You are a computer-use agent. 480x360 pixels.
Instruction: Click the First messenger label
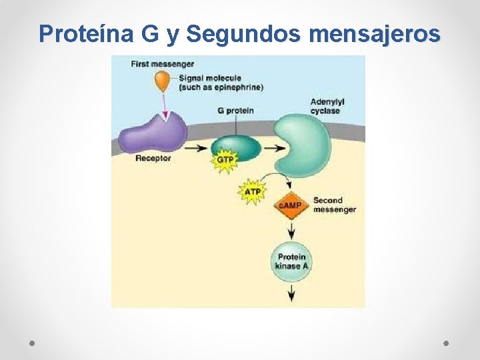(x=163, y=64)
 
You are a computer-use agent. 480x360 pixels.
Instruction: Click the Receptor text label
(x=153, y=159)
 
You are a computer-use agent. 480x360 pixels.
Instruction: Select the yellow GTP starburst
(x=225, y=161)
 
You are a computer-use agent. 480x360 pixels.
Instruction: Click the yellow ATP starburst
(x=253, y=192)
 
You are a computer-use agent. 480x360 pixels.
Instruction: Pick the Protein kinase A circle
(x=291, y=261)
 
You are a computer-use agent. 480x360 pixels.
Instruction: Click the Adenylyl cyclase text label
(x=327, y=106)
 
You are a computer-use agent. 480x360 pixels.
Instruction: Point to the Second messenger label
(x=334, y=205)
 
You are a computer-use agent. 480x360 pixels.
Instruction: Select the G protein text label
(x=235, y=111)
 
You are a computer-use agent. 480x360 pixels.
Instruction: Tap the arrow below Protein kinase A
(x=291, y=292)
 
